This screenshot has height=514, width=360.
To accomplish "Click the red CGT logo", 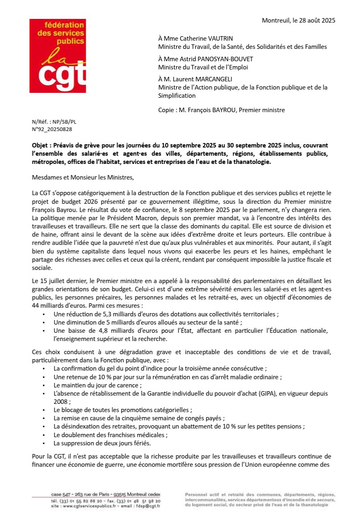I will [57, 56].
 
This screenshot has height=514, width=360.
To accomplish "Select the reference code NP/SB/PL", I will [64, 122].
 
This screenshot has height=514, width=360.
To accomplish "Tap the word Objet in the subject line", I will [40, 145].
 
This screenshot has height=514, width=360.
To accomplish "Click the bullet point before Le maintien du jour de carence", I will [44, 385].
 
